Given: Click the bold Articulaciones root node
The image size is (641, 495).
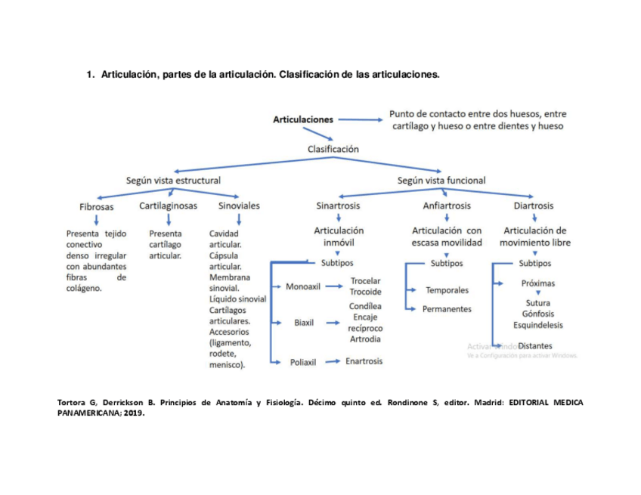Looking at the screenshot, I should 302,119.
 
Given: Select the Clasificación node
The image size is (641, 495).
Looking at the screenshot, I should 333,149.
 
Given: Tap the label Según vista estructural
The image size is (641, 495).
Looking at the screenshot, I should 173,181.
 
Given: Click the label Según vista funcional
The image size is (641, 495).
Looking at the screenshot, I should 441,181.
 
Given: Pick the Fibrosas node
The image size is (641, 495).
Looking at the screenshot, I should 97,206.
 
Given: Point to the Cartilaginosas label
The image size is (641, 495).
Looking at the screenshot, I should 168,206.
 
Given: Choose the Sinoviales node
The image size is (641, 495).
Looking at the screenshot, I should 238,206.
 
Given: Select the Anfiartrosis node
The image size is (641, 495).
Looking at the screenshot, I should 447,206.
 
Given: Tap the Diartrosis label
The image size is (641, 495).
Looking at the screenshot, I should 533,206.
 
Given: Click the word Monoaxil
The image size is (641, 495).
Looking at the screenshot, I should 304,287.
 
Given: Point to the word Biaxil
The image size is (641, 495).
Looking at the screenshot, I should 304,323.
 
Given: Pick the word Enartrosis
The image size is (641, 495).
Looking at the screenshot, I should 364,361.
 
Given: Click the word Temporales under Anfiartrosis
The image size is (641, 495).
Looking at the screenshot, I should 447,290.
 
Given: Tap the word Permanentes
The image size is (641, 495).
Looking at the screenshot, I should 447,309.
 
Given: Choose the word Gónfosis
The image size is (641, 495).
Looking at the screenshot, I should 537,314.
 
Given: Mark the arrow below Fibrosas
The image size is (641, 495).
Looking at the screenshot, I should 97,220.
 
